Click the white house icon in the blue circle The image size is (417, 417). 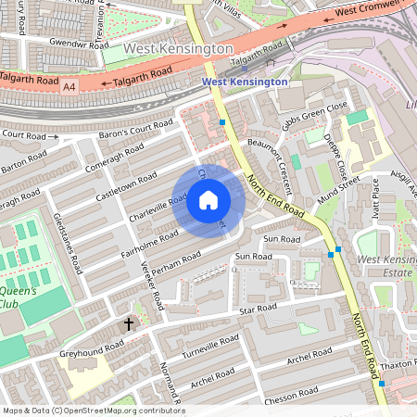click(x=208, y=200)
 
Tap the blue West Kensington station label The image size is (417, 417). click(x=245, y=82)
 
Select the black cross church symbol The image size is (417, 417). click(x=130, y=324)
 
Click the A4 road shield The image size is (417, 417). click(x=69, y=86)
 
